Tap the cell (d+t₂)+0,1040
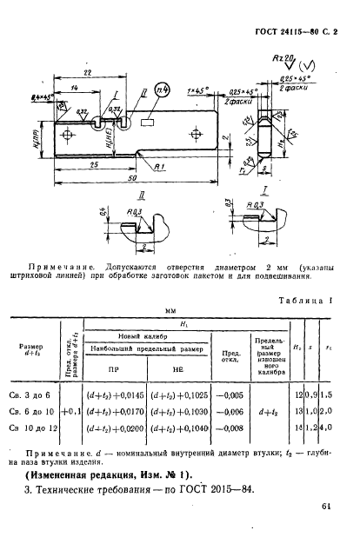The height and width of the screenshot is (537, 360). coord(177,429)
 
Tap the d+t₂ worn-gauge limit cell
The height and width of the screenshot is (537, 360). coord(273,411)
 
